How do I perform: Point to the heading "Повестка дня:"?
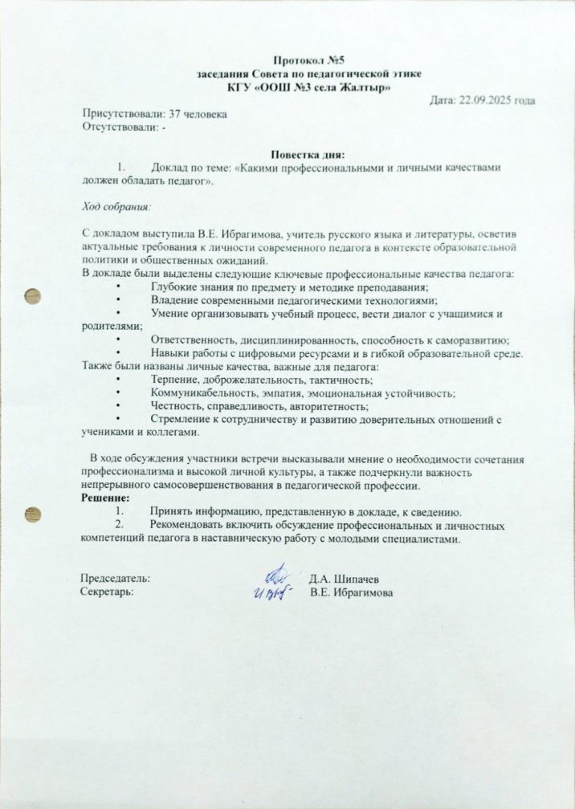(x=308, y=154)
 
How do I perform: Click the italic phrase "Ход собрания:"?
(x=116, y=205)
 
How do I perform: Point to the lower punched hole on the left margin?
(x=34, y=514)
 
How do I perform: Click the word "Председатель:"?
(x=116, y=578)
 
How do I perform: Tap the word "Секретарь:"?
(x=108, y=592)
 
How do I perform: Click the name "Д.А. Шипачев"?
(x=345, y=579)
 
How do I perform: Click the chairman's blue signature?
(x=278, y=574)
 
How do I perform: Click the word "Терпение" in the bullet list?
(x=173, y=380)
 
